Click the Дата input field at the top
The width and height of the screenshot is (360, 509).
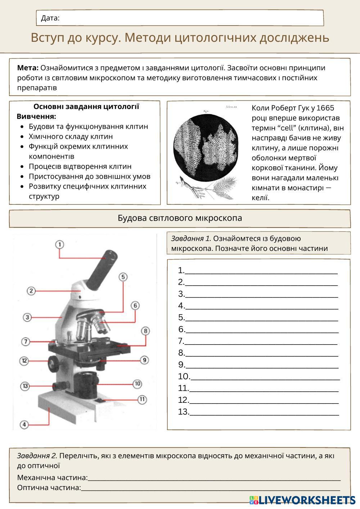[191, 18]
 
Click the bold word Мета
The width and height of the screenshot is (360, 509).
[28, 68]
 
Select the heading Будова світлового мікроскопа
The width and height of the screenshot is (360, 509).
[180, 218]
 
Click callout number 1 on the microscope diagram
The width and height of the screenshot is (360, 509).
[60, 245]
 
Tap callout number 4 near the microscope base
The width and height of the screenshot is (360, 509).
[24, 425]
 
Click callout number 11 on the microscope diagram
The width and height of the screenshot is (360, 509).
[142, 399]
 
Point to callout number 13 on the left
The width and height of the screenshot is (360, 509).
[25, 386]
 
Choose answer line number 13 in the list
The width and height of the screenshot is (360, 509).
[264, 412]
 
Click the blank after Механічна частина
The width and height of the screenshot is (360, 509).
[214, 478]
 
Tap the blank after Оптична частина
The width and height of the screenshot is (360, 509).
[211, 488]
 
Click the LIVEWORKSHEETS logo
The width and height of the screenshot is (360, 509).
[302, 500]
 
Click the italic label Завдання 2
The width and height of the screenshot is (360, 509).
[37, 456]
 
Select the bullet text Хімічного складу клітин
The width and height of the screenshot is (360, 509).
[71, 136]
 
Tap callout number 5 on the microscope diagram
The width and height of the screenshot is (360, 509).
[123, 277]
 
